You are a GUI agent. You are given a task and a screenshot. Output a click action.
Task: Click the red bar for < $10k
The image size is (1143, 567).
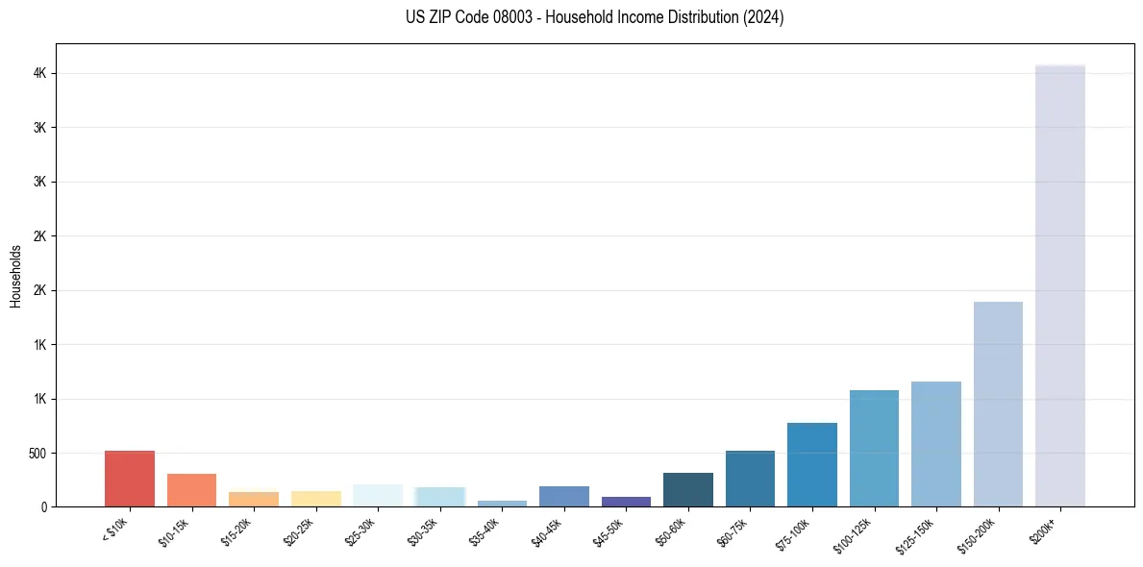130,479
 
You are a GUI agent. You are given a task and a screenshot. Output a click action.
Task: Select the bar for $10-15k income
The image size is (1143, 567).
191,490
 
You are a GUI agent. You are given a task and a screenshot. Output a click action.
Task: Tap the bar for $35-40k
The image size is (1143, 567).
502,504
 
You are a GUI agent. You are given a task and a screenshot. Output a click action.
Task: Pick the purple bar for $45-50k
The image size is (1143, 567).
626,502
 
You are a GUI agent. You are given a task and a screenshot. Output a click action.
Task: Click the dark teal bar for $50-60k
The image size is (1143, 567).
688,490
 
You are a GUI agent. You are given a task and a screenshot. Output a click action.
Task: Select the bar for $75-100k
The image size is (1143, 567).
812,465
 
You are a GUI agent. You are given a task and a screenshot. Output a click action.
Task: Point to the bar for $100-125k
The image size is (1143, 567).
874,449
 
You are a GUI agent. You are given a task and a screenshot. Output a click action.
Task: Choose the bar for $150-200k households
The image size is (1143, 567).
998,405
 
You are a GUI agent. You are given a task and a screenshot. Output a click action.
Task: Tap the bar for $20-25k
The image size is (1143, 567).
315,499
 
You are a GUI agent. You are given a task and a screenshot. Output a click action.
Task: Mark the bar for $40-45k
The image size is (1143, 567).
564,497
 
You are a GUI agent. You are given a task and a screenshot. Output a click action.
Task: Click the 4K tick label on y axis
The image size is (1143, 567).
38,74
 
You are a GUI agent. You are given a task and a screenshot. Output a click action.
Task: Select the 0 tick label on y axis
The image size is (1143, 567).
44,506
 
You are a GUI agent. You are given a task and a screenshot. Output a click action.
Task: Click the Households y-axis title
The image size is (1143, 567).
16,276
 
